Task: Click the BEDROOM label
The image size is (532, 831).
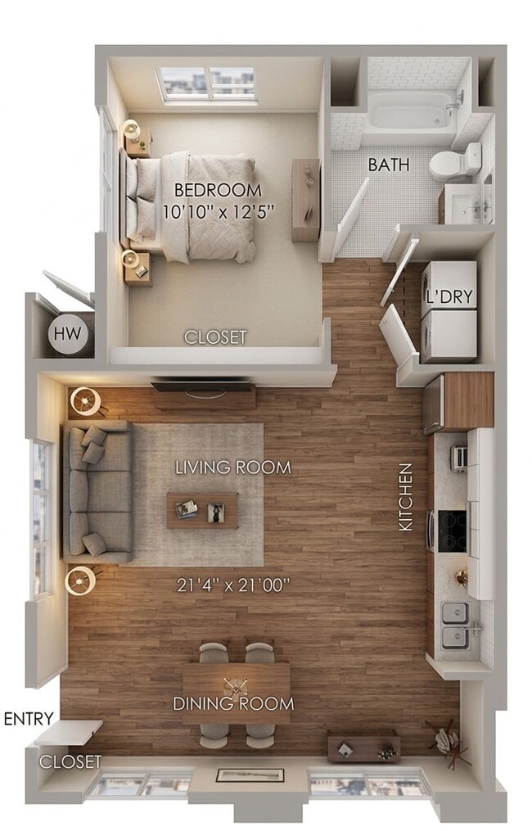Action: point(217,190)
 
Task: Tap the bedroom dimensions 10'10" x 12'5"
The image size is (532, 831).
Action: point(219,212)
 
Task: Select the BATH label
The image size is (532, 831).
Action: point(389,165)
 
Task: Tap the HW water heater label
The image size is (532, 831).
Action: point(68,333)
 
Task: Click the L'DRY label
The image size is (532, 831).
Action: point(449,296)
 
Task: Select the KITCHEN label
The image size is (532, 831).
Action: point(405,497)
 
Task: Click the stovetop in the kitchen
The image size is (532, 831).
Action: point(453,530)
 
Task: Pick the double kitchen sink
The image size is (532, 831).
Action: point(456,626)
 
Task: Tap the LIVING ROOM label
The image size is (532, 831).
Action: point(233,467)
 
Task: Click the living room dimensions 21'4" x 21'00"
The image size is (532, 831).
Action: point(233,585)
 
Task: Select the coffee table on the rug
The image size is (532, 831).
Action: point(202,511)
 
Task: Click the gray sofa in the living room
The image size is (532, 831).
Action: point(98,492)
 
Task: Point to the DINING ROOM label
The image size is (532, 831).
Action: point(233,704)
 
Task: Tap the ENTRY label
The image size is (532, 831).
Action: point(29,719)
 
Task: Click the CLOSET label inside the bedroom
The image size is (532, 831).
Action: point(215,337)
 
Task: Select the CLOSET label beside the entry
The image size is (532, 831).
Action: point(70,762)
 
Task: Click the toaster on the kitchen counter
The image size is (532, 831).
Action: point(459,458)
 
